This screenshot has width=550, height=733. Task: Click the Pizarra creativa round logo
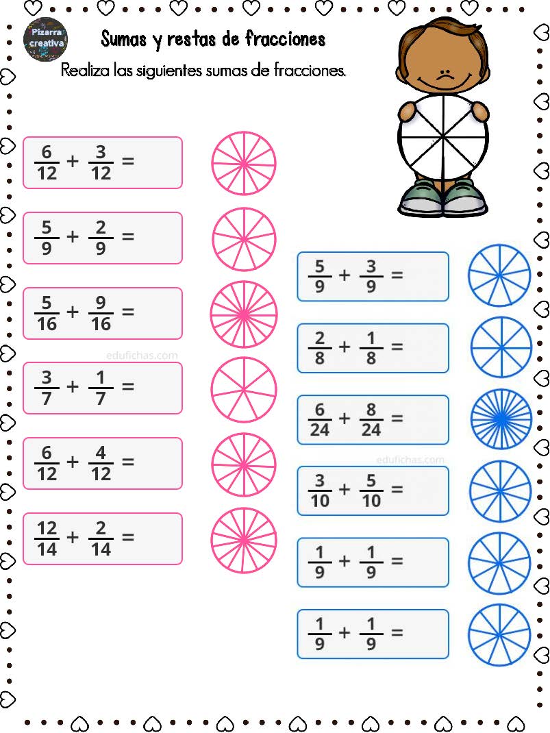pos(45,39)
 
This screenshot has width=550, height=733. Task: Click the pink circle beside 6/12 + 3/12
pos(243,163)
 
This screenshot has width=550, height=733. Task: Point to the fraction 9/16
pos(101,313)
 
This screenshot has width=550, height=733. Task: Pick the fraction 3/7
pos(47,388)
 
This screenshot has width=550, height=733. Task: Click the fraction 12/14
pos(47,538)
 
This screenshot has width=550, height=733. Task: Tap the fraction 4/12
pos(101,463)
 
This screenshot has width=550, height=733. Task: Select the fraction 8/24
pos(371,419)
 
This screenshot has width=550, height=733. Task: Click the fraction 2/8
pos(320,348)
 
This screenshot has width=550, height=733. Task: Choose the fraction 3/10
pos(320,491)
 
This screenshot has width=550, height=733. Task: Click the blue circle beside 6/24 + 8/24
pos(501,419)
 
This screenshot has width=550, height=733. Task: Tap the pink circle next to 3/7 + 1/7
pos(243,389)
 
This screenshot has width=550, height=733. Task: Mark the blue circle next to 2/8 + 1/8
pos(501,348)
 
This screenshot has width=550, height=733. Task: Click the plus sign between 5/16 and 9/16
pos(73,312)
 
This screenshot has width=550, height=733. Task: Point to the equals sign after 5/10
pos(397,489)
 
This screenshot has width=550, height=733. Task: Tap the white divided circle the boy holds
pos(442,136)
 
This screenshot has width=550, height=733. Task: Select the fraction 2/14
pos(101,538)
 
